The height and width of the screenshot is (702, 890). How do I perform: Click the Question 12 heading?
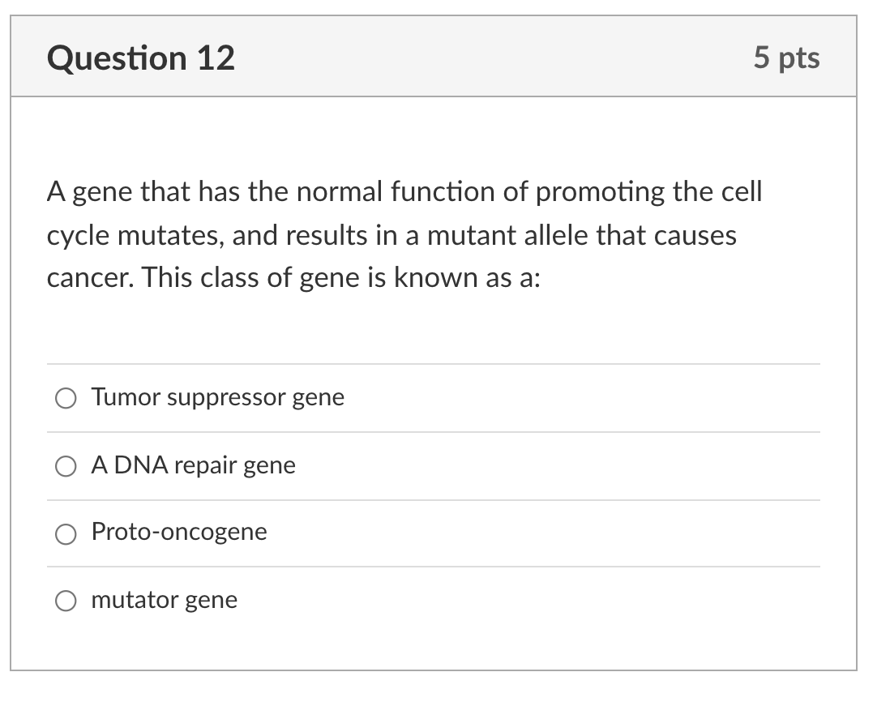point(141,58)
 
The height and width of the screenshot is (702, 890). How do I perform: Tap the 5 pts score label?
point(785,58)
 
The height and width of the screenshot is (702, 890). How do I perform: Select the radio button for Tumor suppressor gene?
point(66,398)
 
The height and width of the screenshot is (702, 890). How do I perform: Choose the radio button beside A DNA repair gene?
point(66,466)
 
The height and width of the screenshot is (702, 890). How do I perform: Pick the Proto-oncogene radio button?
point(66,533)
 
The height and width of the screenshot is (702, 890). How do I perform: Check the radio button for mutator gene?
point(66,601)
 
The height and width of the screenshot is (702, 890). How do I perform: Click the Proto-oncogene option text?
point(179,533)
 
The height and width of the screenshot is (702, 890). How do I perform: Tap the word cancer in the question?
point(88,279)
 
